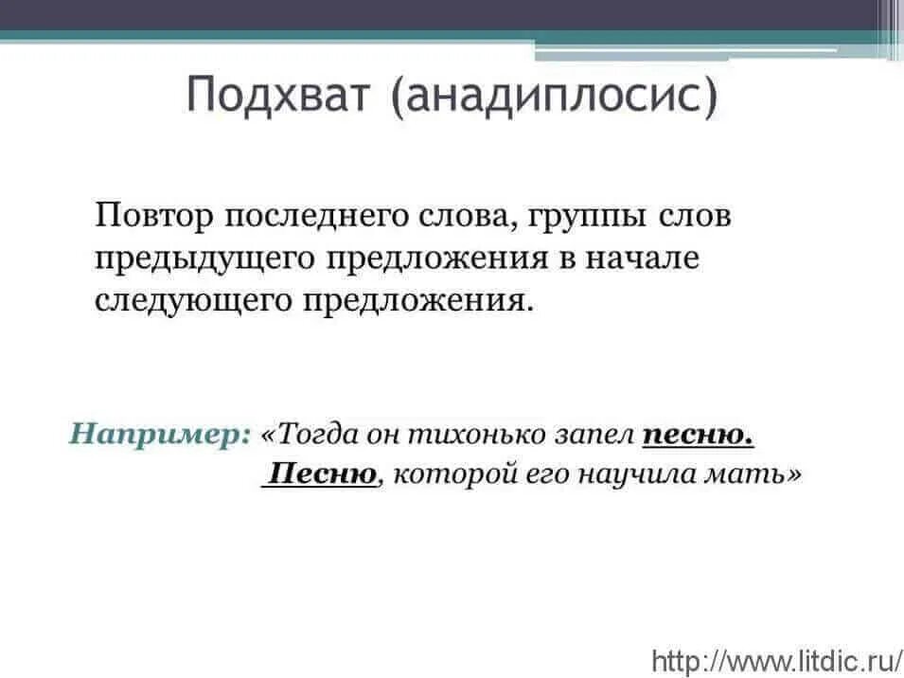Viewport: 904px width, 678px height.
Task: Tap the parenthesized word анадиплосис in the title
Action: [x=555, y=98]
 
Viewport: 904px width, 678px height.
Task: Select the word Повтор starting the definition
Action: [x=152, y=216]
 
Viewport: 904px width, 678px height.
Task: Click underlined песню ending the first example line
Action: [x=698, y=435]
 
